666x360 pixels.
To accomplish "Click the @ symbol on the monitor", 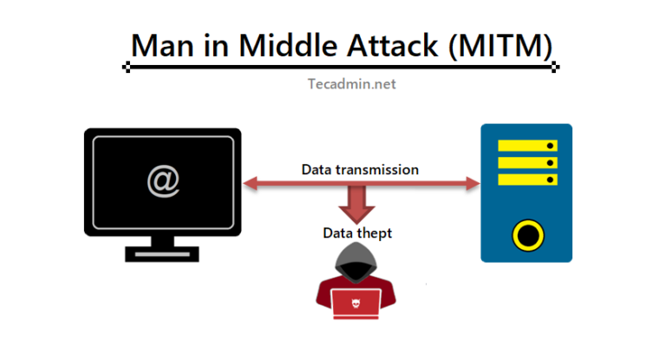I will click(x=161, y=181).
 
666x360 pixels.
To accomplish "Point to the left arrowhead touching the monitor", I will click(x=249, y=183).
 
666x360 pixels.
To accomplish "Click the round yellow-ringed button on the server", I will click(x=526, y=233).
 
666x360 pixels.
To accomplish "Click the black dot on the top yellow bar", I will click(x=550, y=146).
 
